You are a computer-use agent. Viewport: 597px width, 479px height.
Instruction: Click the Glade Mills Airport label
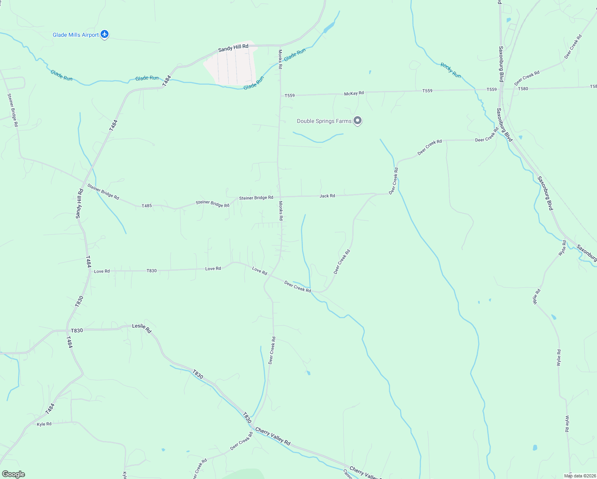point(75,35)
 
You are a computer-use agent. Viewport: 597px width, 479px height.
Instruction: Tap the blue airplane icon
point(105,35)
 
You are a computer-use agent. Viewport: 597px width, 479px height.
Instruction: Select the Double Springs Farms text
point(324,121)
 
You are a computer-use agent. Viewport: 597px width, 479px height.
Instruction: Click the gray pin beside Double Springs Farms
point(358,120)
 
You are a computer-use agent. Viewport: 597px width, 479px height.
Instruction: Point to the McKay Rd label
point(354,93)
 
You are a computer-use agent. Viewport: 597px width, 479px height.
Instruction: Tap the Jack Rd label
point(327,196)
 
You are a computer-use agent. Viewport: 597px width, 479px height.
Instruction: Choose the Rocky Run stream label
point(451,70)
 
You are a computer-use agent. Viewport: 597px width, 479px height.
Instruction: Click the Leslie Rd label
point(142,328)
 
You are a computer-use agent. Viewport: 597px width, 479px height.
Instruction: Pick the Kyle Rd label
point(44,424)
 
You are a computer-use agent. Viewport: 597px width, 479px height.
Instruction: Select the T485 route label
point(147,206)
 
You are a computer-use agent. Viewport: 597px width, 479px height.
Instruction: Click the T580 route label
point(523,89)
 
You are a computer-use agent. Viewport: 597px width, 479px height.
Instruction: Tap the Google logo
point(14,474)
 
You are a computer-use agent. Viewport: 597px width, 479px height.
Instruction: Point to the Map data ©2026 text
point(580,476)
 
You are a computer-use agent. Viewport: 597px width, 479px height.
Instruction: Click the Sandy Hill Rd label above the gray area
point(233,48)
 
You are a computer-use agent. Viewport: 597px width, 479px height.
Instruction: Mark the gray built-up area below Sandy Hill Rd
point(231,66)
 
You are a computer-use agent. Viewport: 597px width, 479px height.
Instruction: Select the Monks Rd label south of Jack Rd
point(281,211)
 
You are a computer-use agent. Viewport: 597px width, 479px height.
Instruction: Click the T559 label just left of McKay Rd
point(289,96)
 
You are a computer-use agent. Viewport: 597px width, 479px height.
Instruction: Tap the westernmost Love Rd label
point(102,271)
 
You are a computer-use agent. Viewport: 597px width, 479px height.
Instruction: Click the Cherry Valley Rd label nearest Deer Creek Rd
point(273,436)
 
